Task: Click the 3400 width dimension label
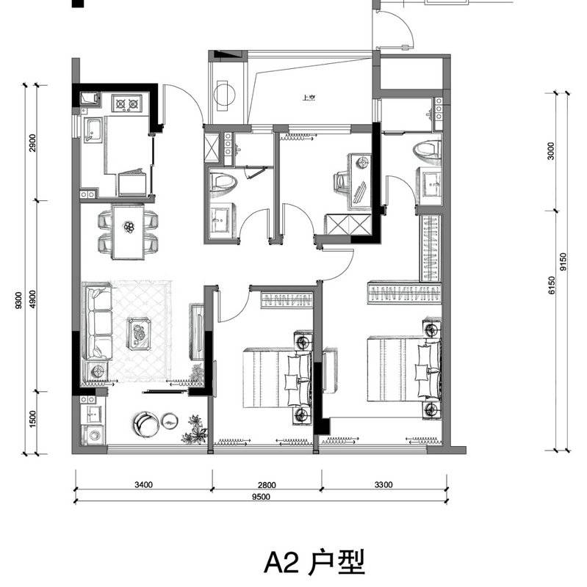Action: pyautogui.click(x=143, y=485)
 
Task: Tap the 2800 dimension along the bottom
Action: pyautogui.click(x=267, y=485)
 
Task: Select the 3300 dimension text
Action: pyautogui.click(x=383, y=485)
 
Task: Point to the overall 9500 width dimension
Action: pyautogui.click(x=261, y=497)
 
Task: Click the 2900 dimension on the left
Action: pyautogui.click(x=32, y=142)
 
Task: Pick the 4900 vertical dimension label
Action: pyautogui.click(x=32, y=299)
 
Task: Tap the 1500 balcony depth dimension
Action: pyautogui.click(x=32, y=420)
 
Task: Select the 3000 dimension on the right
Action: pyautogui.click(x=551, y=151)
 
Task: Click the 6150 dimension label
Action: pyautogui.click(x=552, y=285)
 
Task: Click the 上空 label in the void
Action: pyautogui.click(x=309, y=98)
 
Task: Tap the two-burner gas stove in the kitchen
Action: pyautogui.click(x=127, y=103)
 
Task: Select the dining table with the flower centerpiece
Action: pyautogui.click(x=128, y=231)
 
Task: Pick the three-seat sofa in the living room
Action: pyautogui.click(x=97, y=322)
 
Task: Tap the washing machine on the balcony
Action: pyautogui.click(x=93, y=434)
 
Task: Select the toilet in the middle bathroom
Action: pyautogui.click(x=223, y=182)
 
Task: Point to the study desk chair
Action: pyautogui.click(x=340, y=182)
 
